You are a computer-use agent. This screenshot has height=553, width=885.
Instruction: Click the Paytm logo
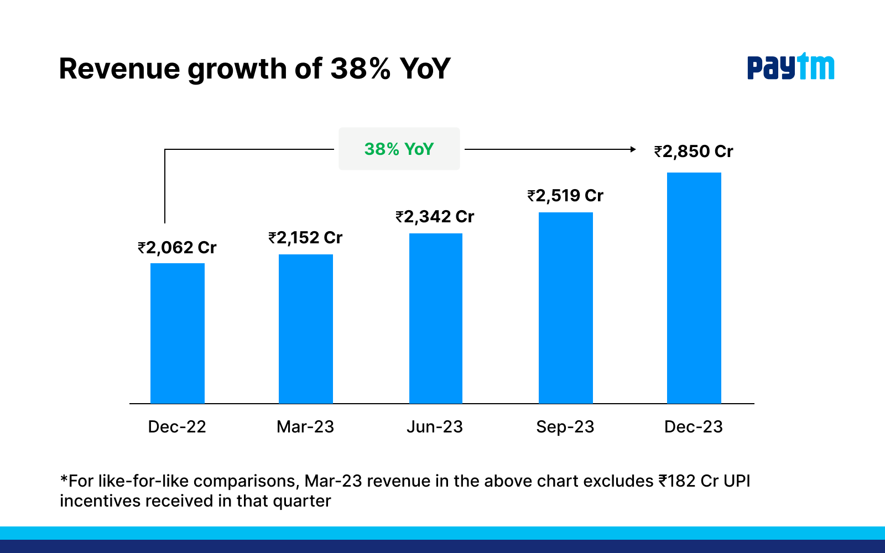click(x=790, y=67)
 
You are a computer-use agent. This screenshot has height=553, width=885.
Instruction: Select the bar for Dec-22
click(x=178, y=333)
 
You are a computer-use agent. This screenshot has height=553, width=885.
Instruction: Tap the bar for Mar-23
click(x=306, y=328)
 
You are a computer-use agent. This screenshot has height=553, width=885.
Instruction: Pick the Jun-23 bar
click(x=436, y=318)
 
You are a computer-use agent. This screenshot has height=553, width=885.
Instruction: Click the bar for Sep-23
click(x=565, y=307)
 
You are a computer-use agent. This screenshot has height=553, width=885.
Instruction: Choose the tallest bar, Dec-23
click(x=694, y=288)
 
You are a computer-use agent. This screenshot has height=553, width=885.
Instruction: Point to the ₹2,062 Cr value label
click(x=178, y=247)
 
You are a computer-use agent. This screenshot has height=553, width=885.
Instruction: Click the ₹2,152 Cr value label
click(x=306, y=238)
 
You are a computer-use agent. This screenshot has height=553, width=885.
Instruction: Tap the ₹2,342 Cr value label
click(x=435, y=216)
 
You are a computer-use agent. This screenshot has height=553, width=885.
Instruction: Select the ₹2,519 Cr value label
click(x=565, y=195)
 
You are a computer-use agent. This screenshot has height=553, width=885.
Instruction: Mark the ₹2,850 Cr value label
click(x=694, y=151)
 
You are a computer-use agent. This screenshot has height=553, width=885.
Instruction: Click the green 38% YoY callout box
click(x=399, y=149)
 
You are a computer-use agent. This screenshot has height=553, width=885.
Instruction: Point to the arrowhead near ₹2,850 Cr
click(x=633, y=149)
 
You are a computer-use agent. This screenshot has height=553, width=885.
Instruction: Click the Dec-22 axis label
click(x=177, y=426)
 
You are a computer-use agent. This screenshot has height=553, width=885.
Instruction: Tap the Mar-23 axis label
click(x=305, y=426)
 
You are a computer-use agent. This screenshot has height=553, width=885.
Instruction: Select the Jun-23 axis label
click(x=435, y=426)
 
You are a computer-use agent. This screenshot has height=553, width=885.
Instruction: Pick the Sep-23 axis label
click(x=565, y=426)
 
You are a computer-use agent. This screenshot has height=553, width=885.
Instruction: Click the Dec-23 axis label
click(x=694, y=426)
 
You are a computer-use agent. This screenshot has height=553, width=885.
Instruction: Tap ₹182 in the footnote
click(x=676, y=481)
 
